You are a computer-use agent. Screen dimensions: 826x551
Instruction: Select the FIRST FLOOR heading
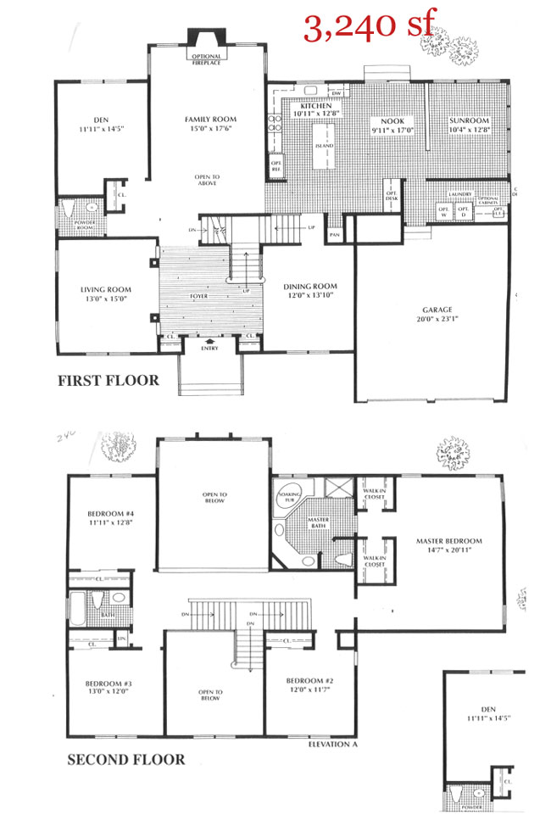click(108, 381)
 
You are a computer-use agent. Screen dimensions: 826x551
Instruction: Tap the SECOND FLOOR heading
click(125, 759)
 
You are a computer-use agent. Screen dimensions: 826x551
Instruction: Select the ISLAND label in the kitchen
click(324, 146)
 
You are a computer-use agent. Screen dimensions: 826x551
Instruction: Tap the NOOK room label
click(391, 121)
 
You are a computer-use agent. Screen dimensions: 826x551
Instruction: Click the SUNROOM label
click(469, 121)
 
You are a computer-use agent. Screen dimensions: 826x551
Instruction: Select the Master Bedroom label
click(448, 540)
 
